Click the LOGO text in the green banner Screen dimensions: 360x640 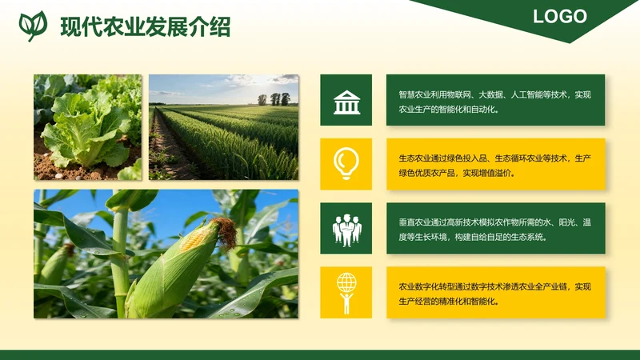(x=560, y=16)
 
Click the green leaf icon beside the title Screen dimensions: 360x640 (x=32, y=26)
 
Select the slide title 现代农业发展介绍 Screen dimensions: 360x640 (x=145, y=26)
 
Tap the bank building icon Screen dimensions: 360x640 (x=346, y=102)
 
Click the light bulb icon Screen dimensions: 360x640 (x=346, y=163)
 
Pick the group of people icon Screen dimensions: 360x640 (x=346, y=229)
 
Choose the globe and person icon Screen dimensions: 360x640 (x=346, y=292)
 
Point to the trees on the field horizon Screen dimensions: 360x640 (x=274, y=99)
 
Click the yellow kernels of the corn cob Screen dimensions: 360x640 (x=193, y=239)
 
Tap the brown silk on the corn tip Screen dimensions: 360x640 (x=226, y=231)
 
